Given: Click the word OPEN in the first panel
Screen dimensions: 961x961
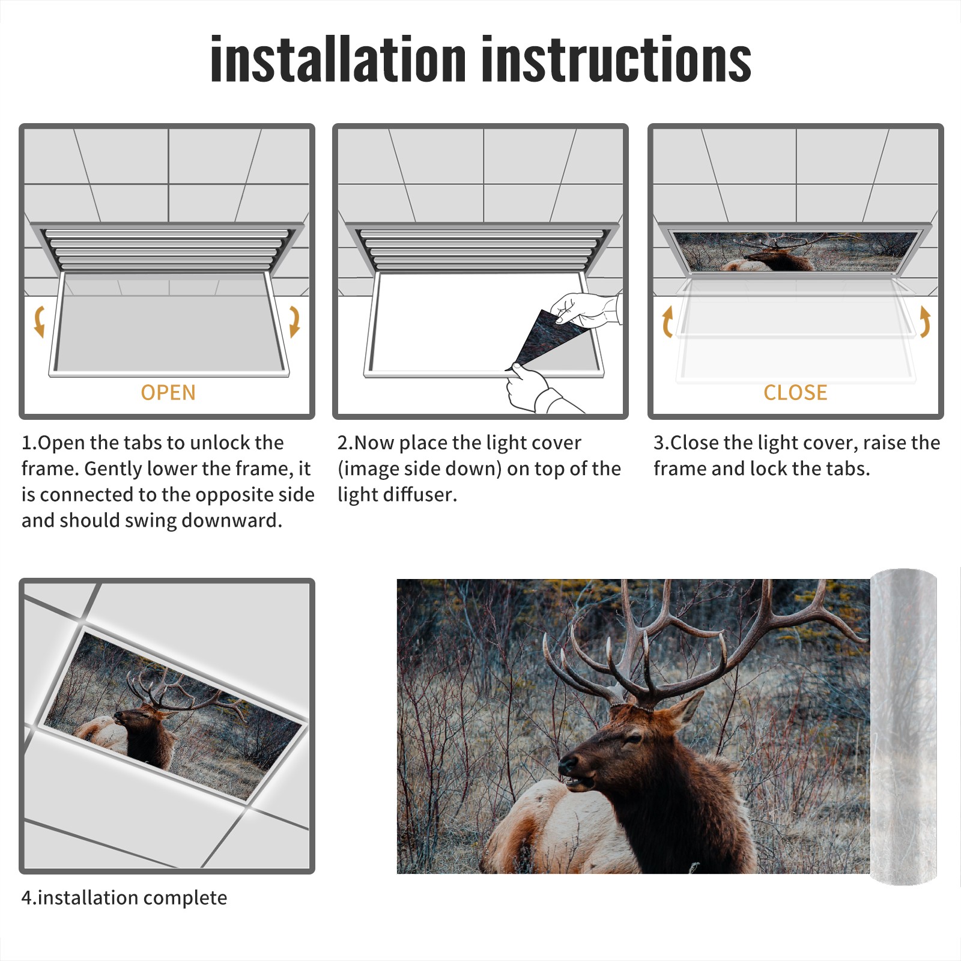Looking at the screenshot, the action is click(168, 393).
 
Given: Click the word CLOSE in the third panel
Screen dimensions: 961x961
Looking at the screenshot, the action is click(795, 393).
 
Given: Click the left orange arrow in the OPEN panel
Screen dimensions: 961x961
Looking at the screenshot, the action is click(39, 321).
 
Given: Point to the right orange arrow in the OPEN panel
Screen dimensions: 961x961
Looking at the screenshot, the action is click(294, 321).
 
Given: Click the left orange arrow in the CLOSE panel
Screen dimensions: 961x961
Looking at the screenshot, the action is click(667, 321).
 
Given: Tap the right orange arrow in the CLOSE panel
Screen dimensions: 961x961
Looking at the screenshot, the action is click(925, 321).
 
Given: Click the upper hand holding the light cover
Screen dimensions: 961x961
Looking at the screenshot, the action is click(586, 309).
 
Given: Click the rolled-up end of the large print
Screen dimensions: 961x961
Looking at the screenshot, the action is click(903, 726).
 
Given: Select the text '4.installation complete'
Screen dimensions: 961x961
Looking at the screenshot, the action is click(124, 898).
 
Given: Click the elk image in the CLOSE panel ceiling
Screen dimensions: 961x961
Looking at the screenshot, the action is click(796, 252).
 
